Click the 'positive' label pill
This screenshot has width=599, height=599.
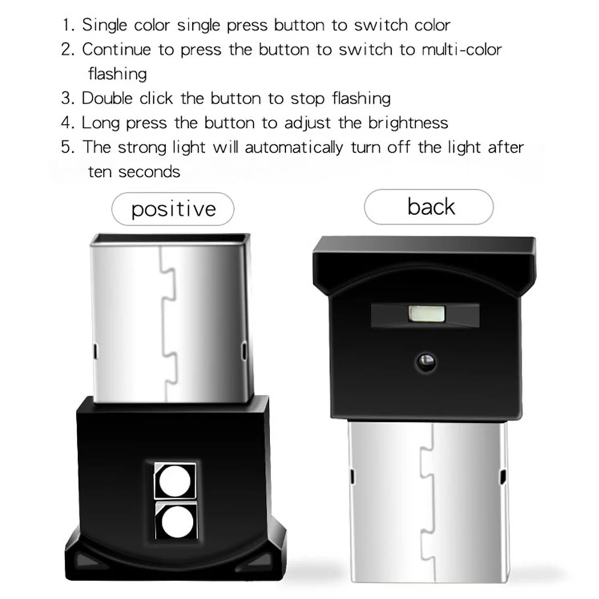pyautogui.click(x=173, y=209)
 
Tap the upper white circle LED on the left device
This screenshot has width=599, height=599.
pyautogui.click(x=175, y=480)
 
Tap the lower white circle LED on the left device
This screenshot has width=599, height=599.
pyautogui.click(x=175, y=519)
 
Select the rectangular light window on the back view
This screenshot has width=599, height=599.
pyautogui.click(x=425, y=313)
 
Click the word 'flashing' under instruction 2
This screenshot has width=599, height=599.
pyautogui.click(x=117, y=74)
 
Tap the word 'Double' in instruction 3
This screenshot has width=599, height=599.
pyautogui.click(x=108, y=98)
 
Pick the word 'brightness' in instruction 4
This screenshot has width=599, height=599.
pyautogui.click(x=408, y=123)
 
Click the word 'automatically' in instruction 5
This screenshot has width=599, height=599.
pyautogui.click(x=304, y=147)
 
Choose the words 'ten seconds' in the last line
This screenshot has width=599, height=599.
pyautogui.click(x=134, y=171)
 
